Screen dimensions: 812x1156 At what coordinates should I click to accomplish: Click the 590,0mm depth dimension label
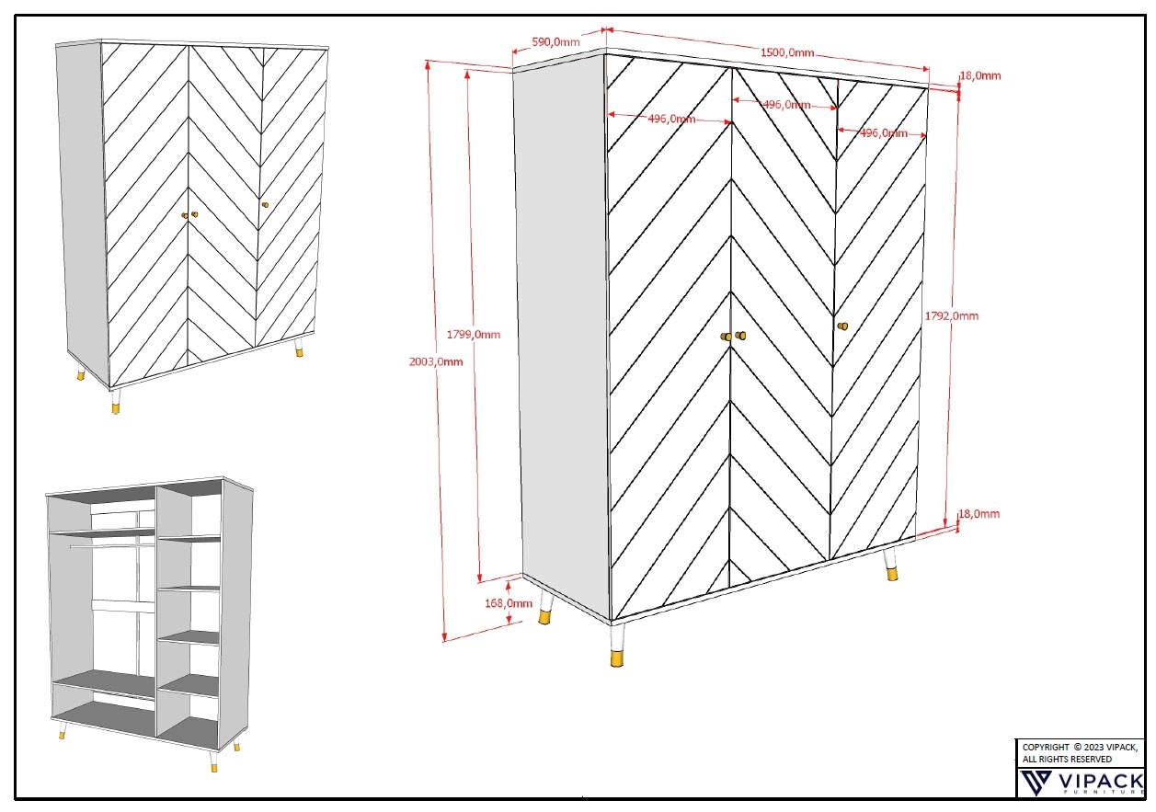pyautogui.click(x=556, y=42)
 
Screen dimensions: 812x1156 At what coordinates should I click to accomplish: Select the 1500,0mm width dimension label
pyautogui.click(x=790, y=52)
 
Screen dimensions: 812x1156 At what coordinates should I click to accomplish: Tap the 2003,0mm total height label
pyautogui.click(x=435, y=361)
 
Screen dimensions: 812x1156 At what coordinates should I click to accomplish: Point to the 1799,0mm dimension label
pyautogui.click(x=474, y=334)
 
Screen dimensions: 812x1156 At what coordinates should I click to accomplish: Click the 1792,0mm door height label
pyautogui.click(x=951, y=315)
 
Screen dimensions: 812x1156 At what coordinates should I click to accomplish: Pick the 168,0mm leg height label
pyautogui.click(x=509, y=603)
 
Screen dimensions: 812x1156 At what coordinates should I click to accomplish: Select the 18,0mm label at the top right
pyautogui.click(x=980, y=75)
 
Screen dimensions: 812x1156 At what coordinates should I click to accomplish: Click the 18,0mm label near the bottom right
pyautogui.click(x=979, y=514)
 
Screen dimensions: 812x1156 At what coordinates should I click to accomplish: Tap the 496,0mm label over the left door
pyautogui.click(x=671, y=119)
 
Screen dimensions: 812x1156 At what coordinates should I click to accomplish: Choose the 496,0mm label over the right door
pyautogui.click(x=883, y=132)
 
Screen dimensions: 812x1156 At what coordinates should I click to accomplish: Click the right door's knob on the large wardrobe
pyautogui.click(x=842, y=326)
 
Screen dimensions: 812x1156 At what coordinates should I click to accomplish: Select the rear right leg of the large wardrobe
pyautogui.click(x=890, y=565)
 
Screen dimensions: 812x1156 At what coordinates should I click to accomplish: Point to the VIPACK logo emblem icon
pyautogui.click(x=1037, y=783)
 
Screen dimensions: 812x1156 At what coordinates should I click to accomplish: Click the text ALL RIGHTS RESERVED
pyautogui.click(x=1067, y=759)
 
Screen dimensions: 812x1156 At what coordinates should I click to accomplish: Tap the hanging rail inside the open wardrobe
pyautogui.click(x=110, y=545)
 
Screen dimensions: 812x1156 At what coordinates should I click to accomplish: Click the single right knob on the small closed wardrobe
pyautogui.click(x=265, y=204)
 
